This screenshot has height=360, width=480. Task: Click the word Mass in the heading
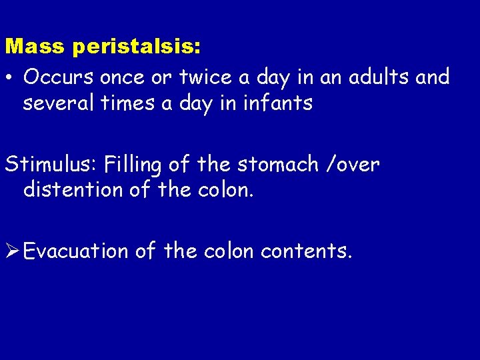click(35, 47)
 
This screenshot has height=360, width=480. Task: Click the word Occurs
click(58, 77)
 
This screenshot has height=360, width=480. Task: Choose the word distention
click(72, 191)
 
